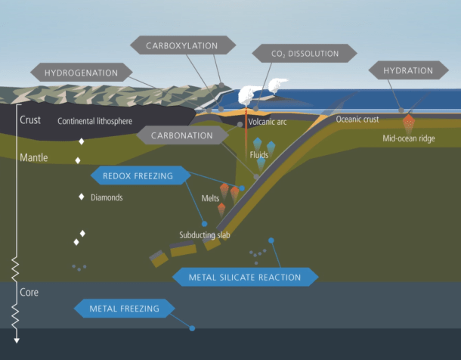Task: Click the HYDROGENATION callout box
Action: pos(81,73)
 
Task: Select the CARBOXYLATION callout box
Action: pos(182,45)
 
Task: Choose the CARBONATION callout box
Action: pos(181,135)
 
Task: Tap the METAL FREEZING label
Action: pos(124,308)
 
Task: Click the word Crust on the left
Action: pos(30,119)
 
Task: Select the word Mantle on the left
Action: pos(34,158)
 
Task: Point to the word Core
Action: pos(29,292)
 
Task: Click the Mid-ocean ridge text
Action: pos(410,138)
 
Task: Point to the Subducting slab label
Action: pos(205,235)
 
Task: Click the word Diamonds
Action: pos(107,197)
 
